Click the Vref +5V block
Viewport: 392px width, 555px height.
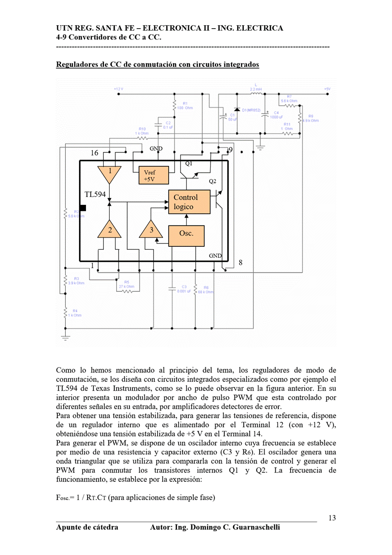tap(151, 176)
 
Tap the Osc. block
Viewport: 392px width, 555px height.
tap(186, 233)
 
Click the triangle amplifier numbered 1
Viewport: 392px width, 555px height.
tap(110, 173)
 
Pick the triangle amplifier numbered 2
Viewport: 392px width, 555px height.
tap(110, 230)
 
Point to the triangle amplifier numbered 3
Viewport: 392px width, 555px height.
tap(151, 230)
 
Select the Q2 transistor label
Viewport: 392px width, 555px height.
tap(212, 182)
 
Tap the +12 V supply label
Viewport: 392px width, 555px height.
tap(118, 89)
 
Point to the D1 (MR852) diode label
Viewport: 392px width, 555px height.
tap(251, 110)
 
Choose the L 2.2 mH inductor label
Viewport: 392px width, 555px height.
tap(256, 87)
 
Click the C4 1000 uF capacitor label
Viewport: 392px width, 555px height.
tap(276, 115)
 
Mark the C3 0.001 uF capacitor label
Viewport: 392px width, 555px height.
tap(184, 289)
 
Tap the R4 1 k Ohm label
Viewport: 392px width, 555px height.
tap(75, 313)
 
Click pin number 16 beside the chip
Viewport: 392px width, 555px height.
tap(94, 153)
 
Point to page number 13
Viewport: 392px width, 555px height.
tap(332, 518)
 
